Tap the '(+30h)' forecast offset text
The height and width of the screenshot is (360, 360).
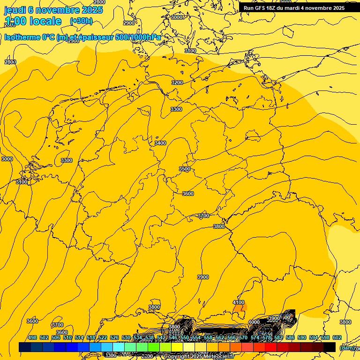click(x=81, y=21)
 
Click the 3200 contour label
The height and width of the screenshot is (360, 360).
click(x=177, y=82)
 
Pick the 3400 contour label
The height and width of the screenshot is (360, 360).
click(x=160, y=143)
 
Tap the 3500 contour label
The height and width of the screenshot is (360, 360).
click(x=185, y=169)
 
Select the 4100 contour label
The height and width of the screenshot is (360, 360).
click(x=239, y=302)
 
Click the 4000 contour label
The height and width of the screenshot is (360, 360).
click(x=254, y=322)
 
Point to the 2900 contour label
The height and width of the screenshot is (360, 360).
click(x=129, y=23)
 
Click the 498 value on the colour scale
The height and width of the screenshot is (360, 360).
click(x=32, y=337)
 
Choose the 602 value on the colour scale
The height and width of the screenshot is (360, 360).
click(x=337, y=337)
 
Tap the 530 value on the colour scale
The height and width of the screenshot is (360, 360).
click(x=126, y=337)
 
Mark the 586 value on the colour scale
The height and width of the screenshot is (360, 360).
click(x=290, y=337)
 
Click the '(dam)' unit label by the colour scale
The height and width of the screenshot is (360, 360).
click(x=347, y=347)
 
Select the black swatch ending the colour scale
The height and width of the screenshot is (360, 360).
click(x=330, y=347)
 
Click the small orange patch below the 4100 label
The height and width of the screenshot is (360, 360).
click(x=242, y=309)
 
